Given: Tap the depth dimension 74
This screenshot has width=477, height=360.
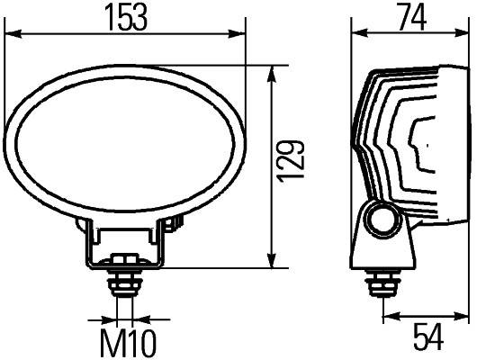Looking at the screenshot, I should pyautogui.click(x=410, y=18).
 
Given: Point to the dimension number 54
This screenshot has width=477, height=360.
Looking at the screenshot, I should pyautogui.click(x=426, y=337).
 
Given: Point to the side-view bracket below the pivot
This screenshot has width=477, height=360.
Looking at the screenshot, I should pyautogui.click(x=385, y=250).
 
